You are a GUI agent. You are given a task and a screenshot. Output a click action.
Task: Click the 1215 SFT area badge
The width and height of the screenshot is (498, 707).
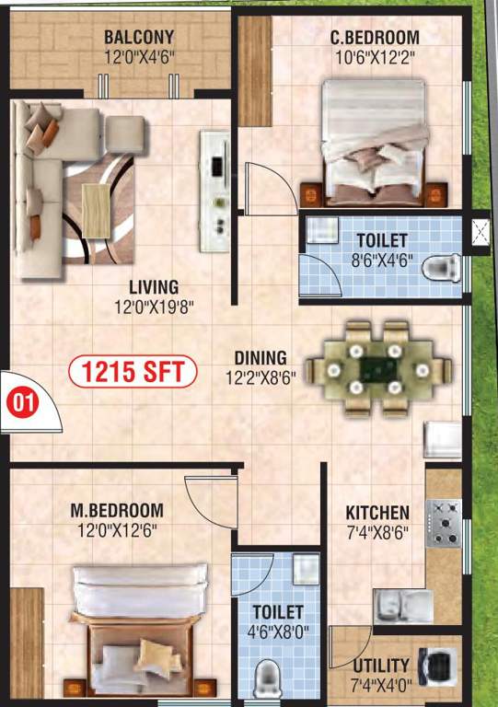(133, 373)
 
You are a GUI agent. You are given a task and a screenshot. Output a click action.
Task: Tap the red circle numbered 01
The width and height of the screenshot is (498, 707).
(19, 401)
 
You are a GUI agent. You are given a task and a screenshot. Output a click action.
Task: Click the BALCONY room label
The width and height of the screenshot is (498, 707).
(139, 39)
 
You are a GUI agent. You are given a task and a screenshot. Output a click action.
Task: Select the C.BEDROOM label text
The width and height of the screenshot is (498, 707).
(375, 39)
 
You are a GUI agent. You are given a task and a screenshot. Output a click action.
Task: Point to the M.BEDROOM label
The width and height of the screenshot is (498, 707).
(117, 510)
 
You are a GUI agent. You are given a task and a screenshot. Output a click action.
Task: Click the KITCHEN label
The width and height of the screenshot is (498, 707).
(377, 512)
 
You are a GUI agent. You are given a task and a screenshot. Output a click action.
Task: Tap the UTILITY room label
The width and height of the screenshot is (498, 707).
(380, 665)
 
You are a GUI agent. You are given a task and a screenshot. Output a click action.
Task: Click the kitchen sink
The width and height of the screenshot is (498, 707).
(402, 605)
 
